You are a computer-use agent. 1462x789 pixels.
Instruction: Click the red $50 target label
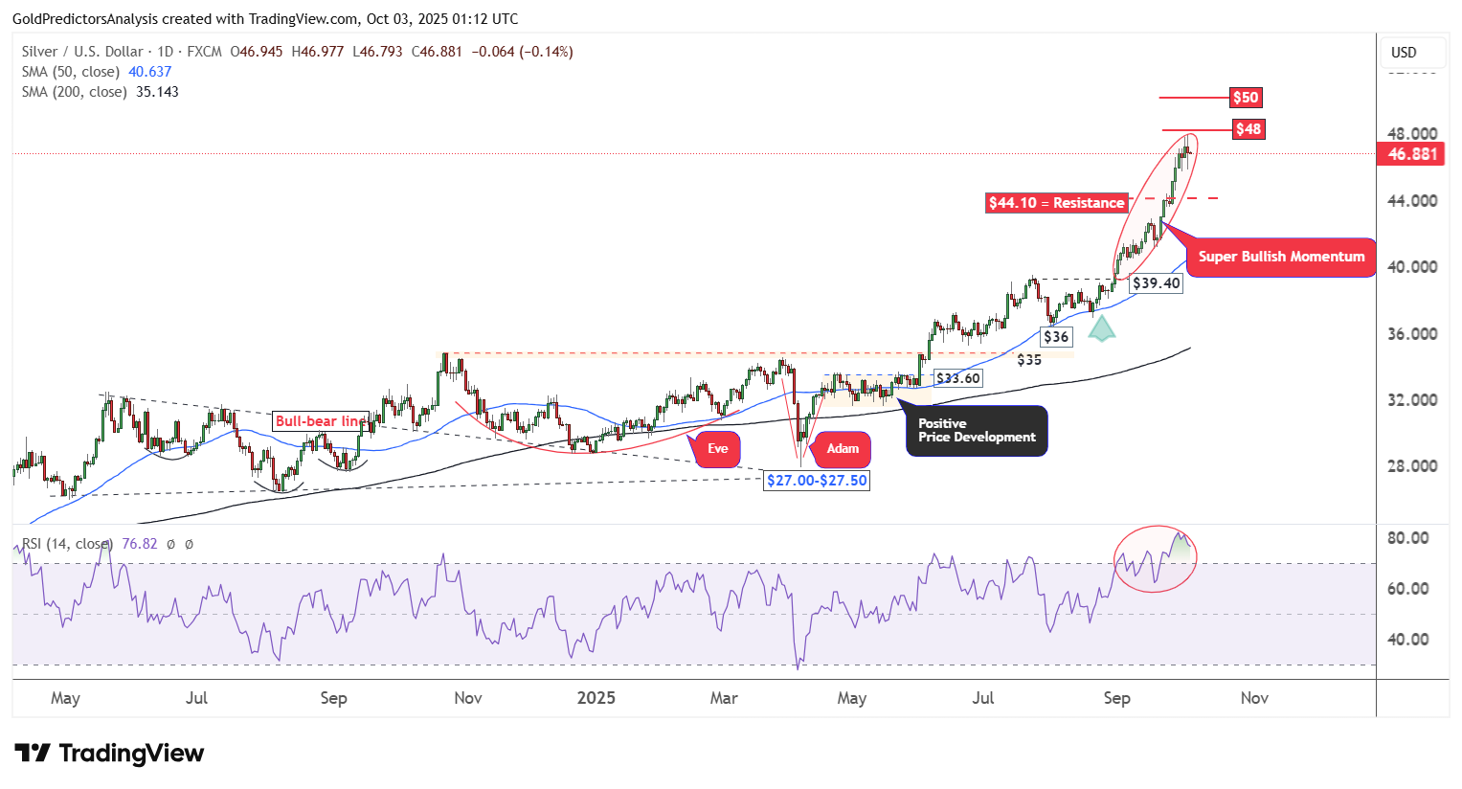pos(1246,98)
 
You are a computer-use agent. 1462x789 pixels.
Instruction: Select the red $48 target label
pos(1248,129)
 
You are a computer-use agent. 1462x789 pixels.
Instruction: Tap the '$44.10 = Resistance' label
pos(1056,203)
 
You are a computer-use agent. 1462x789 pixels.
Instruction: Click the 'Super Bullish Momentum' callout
pos(1281,257)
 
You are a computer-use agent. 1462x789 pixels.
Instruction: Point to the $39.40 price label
pos(1156,283)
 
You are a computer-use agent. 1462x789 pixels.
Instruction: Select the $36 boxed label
pos(1056,337)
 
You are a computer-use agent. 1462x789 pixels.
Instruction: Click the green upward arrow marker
pos(1102,328)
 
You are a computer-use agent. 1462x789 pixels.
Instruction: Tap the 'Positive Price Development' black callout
pos(977,431)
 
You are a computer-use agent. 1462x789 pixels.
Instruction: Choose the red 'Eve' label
pos(717,449)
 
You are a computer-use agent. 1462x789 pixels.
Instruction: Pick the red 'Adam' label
pos(843,449)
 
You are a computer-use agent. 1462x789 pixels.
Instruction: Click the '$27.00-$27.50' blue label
pos(817,481)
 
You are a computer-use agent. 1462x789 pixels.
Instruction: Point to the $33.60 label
pos(957,378)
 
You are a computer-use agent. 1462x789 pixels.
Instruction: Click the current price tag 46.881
pos(1411,154)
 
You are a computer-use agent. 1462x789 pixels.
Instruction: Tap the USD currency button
pos(1404,53)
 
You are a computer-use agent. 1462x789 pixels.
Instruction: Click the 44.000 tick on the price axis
pos(1411,201)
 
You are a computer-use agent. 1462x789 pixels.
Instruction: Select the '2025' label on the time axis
pos(596,698)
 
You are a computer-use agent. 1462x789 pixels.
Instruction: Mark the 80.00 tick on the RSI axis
pos(1407,538)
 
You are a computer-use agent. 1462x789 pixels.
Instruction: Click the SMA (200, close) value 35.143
pos(157,92)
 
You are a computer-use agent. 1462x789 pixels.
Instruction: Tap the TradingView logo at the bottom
pos(109,754)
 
